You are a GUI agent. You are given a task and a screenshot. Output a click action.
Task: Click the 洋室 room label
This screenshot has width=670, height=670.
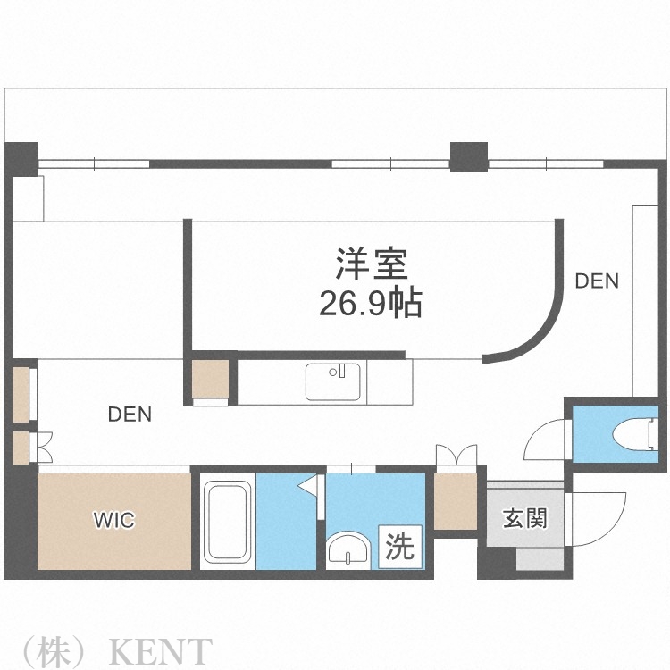372,264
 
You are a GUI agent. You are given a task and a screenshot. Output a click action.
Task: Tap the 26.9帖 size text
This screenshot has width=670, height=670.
372,305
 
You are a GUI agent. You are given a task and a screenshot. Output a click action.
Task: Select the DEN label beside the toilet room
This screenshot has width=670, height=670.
596,281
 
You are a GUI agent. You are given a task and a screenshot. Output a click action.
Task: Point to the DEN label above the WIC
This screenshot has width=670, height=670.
130,415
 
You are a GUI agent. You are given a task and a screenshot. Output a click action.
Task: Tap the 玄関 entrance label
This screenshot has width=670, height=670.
524,517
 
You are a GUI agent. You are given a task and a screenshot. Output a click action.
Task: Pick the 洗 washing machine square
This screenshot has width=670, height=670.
400,546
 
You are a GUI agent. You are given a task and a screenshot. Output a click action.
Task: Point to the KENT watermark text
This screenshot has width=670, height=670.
161,650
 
